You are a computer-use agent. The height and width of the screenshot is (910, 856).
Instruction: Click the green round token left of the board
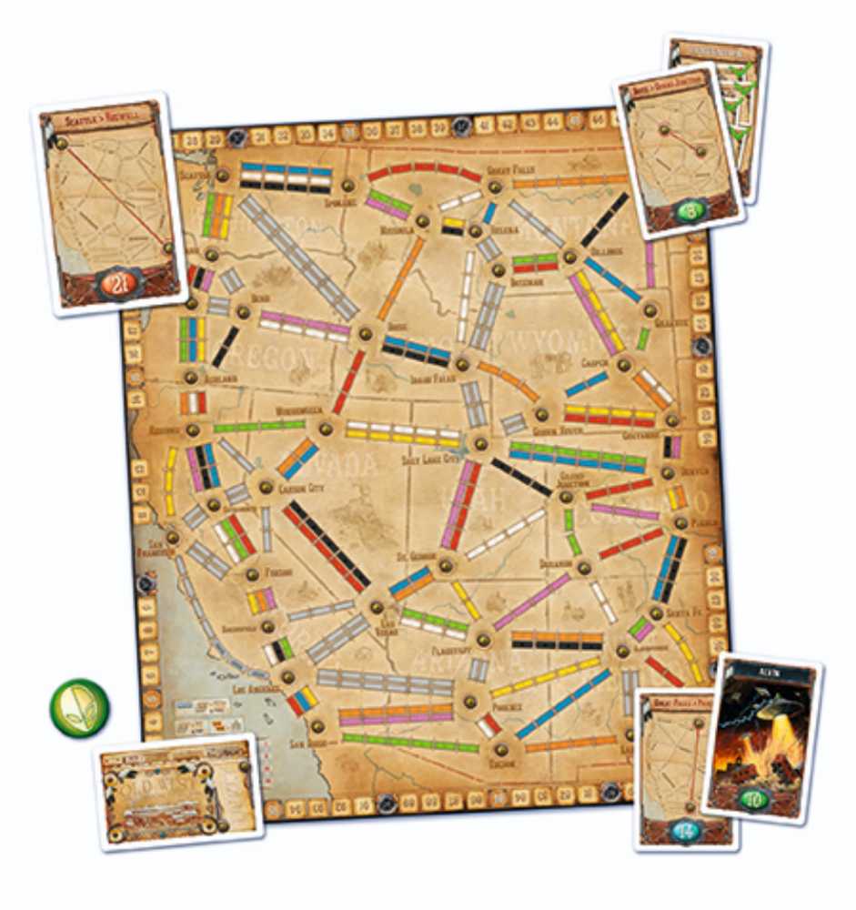80,707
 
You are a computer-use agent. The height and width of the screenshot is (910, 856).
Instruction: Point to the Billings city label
605,250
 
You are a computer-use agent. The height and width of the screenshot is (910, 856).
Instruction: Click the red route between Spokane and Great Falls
425,169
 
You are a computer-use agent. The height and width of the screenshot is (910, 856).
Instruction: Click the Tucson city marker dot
499,751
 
